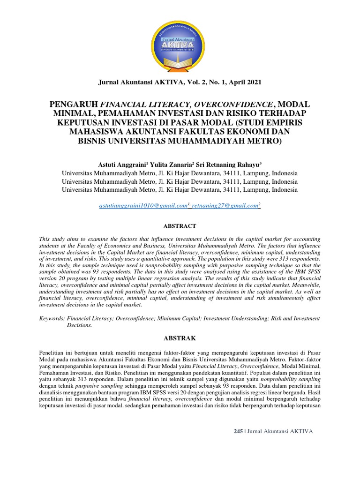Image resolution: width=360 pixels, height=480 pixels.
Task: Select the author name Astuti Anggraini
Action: click(121, 165)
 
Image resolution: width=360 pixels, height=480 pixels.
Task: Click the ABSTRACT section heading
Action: click(180, 225)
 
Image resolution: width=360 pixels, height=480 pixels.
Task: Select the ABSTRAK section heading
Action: click(180, 337)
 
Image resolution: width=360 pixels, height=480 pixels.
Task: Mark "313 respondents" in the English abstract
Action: click(298, 258)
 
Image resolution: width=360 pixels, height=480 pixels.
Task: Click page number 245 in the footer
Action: click(238, 431)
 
